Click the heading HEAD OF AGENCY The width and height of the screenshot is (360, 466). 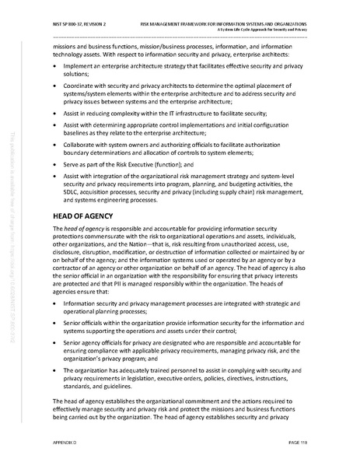82,215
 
